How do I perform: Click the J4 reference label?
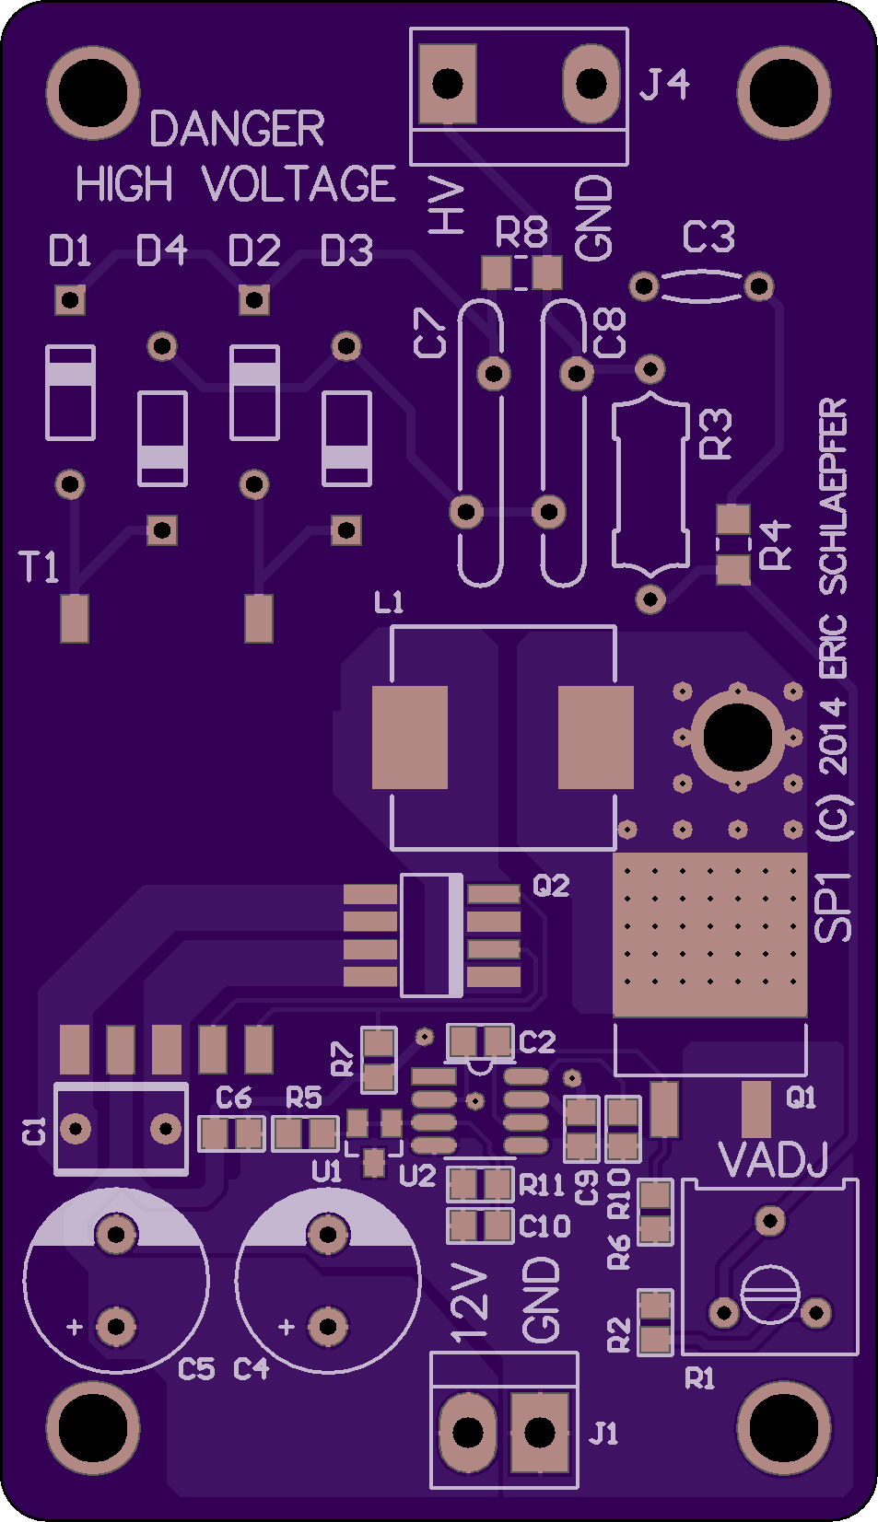pyautogui.click(x=664, y=85)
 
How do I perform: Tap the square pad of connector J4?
pyautogui.click(x=447, y=84)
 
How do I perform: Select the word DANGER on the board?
pyautogui.click(x=237, y=129)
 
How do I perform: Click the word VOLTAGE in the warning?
pyautogui.click(x=299, y=183)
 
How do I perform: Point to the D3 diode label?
pyautogui.click(x=346, y=250)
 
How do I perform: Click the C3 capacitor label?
pyautogui.click(x=708, y=237)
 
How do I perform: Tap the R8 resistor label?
pyautogui.click(x=521, y=232)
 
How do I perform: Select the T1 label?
pyautogui.click(x=40, y=567)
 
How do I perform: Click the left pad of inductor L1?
pyautogui.click(x=410, y=738)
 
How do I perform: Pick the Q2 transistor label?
pyautogui.click(x=551, y=886)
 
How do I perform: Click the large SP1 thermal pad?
pyautogui.click(x=710, y=935)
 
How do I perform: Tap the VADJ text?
pyautogui.click(x=773, y=1160)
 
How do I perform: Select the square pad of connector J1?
pyautogui.click(x=539, y=1433)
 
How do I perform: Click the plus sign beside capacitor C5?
pyautogui.click(x=74, y=1326)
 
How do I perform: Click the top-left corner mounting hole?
pyautogui.click(x=92, y=93)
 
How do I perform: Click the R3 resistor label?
pyautogui.click(x=716, y=434)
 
